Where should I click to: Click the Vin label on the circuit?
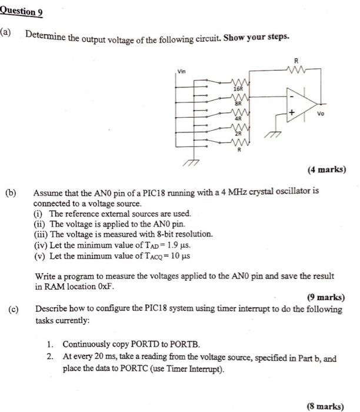182,71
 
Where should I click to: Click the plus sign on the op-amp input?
290,111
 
